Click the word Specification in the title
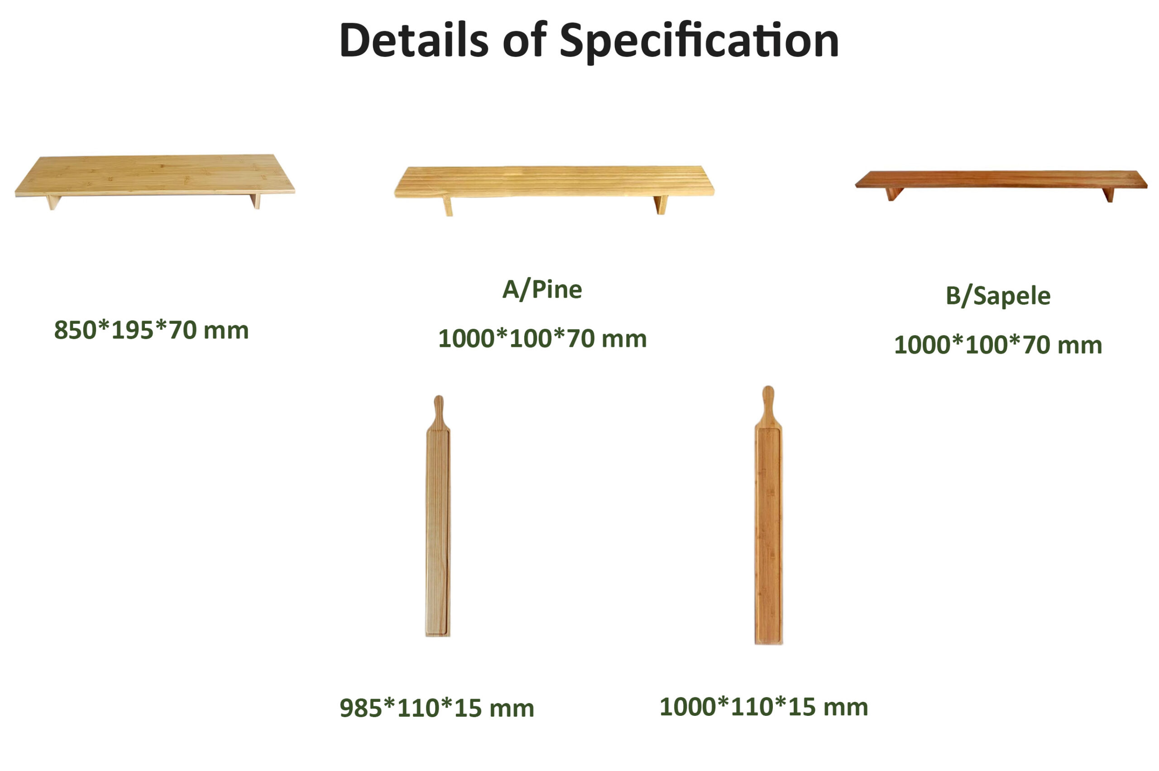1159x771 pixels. tap(699, 42)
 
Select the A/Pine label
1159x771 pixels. tap(542, 289)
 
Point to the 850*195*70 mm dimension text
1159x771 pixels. tap(151, 330)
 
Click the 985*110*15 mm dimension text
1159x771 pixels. tap(436, 709)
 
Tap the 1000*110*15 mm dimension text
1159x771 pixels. tap(763, 707)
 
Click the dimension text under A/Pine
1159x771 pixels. tap(542, 339)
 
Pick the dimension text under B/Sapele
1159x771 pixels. tap(997, 345)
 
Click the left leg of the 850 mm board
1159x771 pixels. tap(53, 202)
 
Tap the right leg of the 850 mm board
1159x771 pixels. tap(255, 201)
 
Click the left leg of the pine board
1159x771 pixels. tap(448, 206)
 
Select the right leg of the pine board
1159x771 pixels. tap(661, 204)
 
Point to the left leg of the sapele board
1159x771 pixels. tap(893, 194)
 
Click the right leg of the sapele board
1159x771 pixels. tap(1108, 195)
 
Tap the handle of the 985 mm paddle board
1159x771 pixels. tap(438, 412)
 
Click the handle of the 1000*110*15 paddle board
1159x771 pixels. tap(768, 406)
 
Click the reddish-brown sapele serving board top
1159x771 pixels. tap(1001, 179)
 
